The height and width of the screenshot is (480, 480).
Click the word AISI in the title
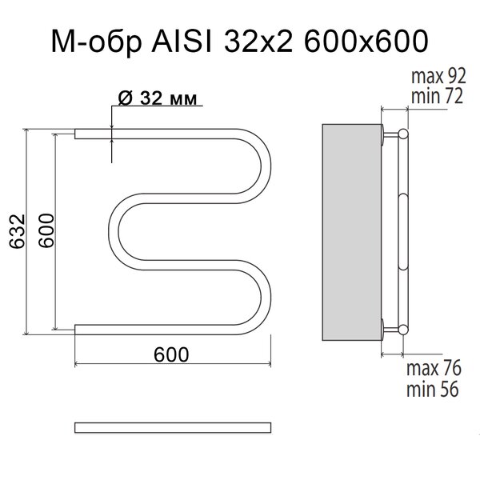[x=182, y=41]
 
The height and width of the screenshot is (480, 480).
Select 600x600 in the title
[x=366, y=41]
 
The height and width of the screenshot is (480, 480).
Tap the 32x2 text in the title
[x=258, y=41]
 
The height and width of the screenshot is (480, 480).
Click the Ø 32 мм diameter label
[x=158, y=98]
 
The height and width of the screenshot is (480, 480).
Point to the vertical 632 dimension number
[x=17, y=231]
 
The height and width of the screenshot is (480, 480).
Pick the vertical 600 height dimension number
[x=46, y=230]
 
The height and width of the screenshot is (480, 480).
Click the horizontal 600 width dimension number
[x=171, y=354]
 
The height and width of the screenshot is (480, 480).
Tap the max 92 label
[x=438, y=76]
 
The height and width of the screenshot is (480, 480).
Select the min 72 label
[x=437, y=96]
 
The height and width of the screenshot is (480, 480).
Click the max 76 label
[x=434, y=368]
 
